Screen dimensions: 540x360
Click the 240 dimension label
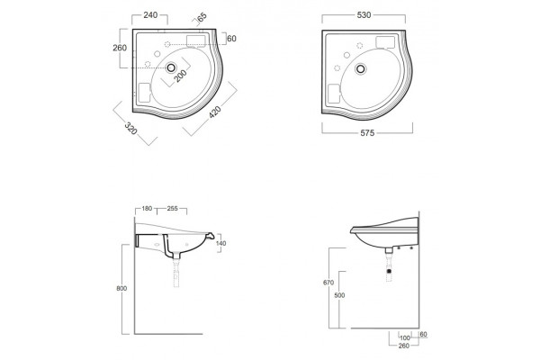coord(150,14)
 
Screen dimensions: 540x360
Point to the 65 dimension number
coord(202,17)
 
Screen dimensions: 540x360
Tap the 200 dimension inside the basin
coord(180,76)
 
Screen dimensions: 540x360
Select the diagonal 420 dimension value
coord(215,112)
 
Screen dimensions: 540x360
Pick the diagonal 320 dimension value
coord(130,128)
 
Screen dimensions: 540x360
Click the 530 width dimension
coord(364,14)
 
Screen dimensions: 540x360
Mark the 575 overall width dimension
coord(367,133)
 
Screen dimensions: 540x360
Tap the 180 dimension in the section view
coord(147,209)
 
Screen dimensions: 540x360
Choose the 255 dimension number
coord(172,209)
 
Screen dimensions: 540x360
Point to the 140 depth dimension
coord(220,243)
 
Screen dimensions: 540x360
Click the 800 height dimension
coord(121,288)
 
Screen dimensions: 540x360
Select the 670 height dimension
coord(328,283)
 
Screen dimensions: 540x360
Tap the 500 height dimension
coord(339,295)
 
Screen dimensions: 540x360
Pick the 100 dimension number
coord(405,338)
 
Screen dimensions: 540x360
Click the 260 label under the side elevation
coord(403,346)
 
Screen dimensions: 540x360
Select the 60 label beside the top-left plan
coord(232,39)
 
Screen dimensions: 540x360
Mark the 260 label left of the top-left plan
coord(120,48)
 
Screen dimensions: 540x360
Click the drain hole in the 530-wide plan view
coord(361,69)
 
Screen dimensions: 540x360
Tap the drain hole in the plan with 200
coord(171,67)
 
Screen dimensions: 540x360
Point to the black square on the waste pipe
coord(390,271)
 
